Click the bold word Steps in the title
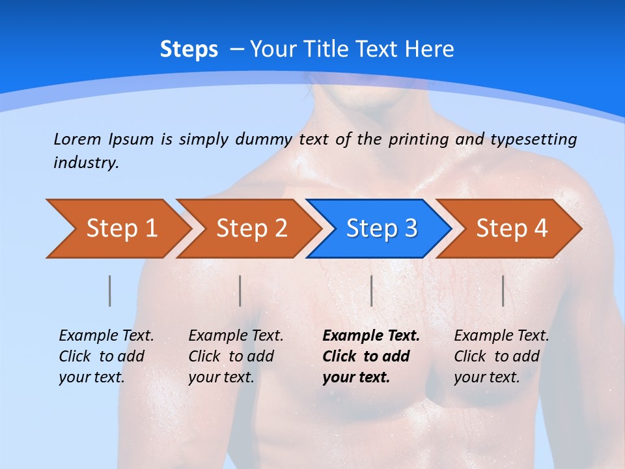point(189,50)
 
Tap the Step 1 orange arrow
point(117,229)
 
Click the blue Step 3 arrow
point(381,229)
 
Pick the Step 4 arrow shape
point(511,229)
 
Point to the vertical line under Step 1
point(110,291)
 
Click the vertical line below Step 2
point(240,291)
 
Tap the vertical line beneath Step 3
point(371,291)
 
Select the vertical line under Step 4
point(503,291)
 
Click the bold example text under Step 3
point(370,356)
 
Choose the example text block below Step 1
point(106,356)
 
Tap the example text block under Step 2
point(236,356)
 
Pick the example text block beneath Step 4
point(501,356)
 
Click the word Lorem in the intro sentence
point(77,139)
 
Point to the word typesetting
point(533,139)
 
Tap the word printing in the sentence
point(415,139)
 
